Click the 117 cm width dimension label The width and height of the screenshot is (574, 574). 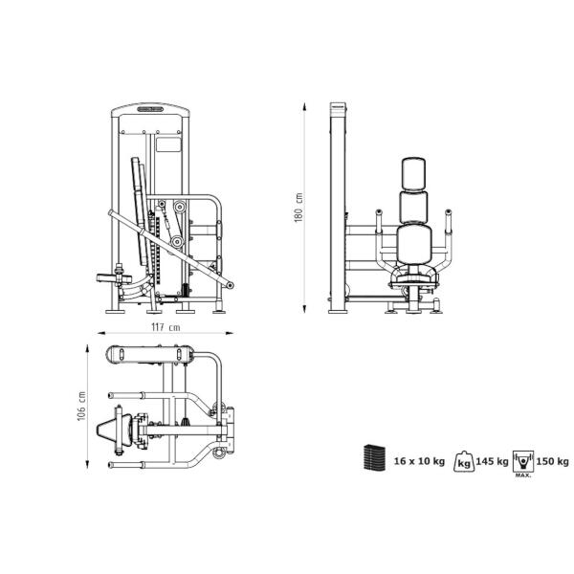[166, 327]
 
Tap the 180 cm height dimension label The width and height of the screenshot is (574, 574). [298, 208]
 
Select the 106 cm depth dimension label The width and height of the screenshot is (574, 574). [81, 406]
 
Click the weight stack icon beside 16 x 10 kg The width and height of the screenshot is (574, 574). [374, 457]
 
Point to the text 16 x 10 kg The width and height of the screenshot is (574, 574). [419, 461]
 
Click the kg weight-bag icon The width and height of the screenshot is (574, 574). [464, 461]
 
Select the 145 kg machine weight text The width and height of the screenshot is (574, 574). [493, 461]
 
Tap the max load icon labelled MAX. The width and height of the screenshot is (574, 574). [523, 463]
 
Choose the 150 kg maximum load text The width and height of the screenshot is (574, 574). [552, 461]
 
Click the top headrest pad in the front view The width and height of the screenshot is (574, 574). [413, 174]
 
